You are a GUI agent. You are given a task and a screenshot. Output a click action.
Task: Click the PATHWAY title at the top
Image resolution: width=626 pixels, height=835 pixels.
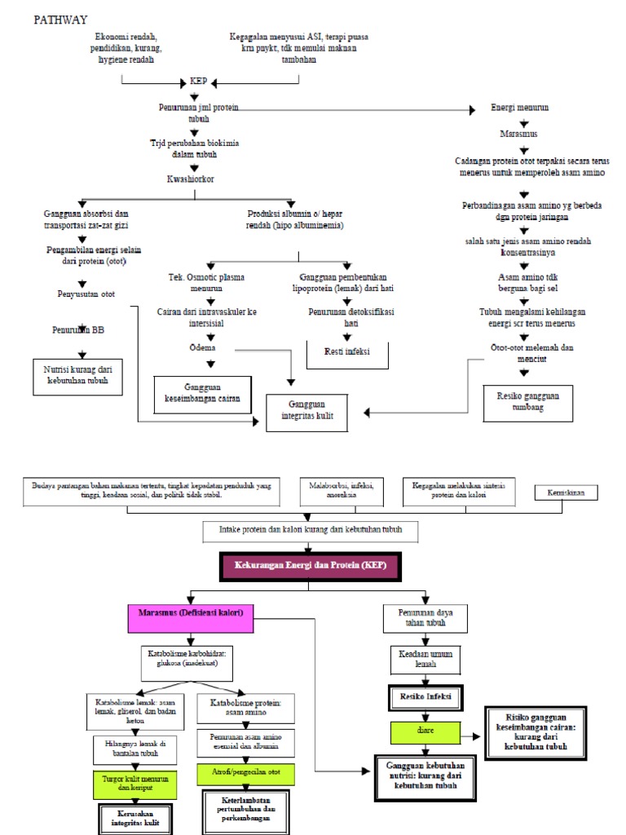[x=61, y=19]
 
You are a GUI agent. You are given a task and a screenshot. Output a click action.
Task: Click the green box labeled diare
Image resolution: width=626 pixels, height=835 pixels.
[x=424, y=732]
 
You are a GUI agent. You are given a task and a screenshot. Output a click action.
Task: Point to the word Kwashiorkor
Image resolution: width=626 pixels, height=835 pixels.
[x=192, y=179]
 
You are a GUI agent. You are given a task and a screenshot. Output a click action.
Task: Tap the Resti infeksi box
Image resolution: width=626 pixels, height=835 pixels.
[x=347, y=351]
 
